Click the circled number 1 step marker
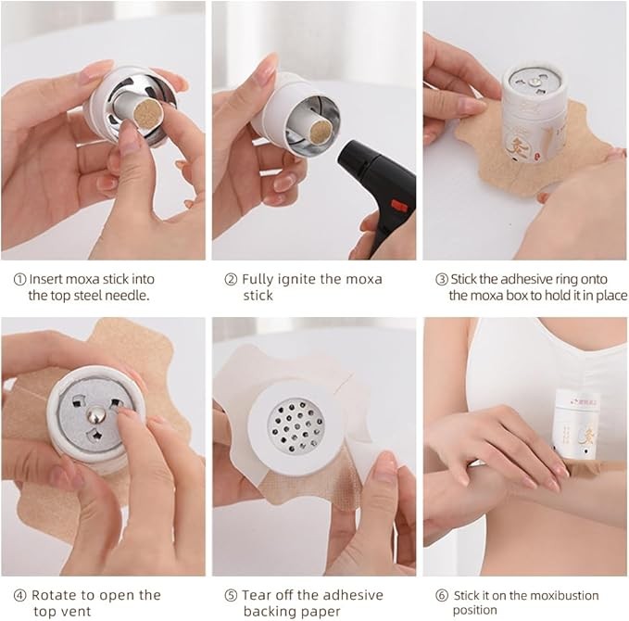pyautogui.click(x=19, y=279)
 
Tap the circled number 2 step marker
pyautogui.click(x=231, y=279)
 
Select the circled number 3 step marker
pyautogui.click(x=442, y=279)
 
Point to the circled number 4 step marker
pyautogui.click(x=20, y=595)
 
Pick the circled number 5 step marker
pyautogui.click(x=231, y=595)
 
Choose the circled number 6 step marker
pyautogui.click(x=442, y=595)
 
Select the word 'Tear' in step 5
pyautogui.click(x=257, y=595)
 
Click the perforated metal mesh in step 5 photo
pyautogui.click(x=296, y=426)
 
